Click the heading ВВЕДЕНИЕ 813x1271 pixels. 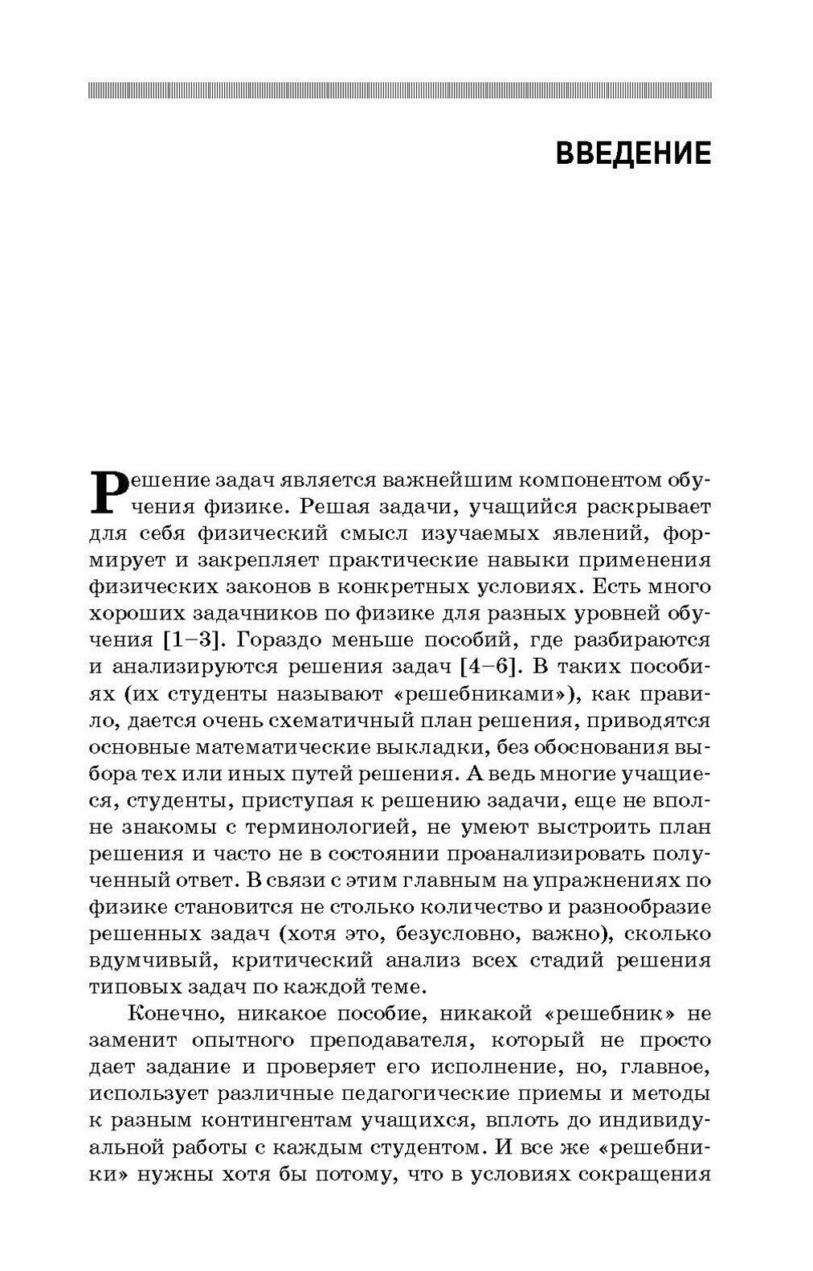pyautogui.click(x=633, y=153)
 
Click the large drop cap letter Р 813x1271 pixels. pyautogui.click(x=111, y=490)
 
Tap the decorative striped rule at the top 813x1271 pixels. pyautogui.click(x=399, y=90)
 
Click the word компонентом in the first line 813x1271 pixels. pyautogui.click(x=573, y=482)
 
